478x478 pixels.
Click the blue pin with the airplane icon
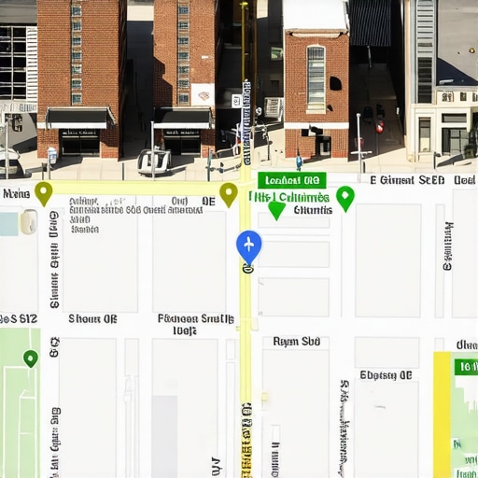pos(248,246)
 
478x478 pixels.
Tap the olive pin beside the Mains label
pos(43,192)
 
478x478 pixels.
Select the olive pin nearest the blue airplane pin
pos(229,193)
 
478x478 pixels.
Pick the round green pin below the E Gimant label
pos(345,197)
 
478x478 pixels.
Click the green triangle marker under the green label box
pos(276,211)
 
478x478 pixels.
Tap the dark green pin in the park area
pos(31,358)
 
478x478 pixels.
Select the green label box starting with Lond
pos(292,180)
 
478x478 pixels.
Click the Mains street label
pos(16,194)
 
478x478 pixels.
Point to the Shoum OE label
pos(92,319)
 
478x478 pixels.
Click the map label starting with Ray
pos(297,342)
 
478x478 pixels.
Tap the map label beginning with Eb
pos(386,375)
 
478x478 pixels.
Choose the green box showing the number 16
pos(465,367)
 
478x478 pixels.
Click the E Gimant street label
pos(407,180)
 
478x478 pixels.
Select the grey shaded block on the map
pos(164,435)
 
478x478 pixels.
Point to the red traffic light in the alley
pos(379,126)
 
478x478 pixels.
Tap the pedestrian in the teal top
pos(299,162)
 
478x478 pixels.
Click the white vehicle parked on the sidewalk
pos(154,161)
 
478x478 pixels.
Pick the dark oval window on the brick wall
pos(335,83)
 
